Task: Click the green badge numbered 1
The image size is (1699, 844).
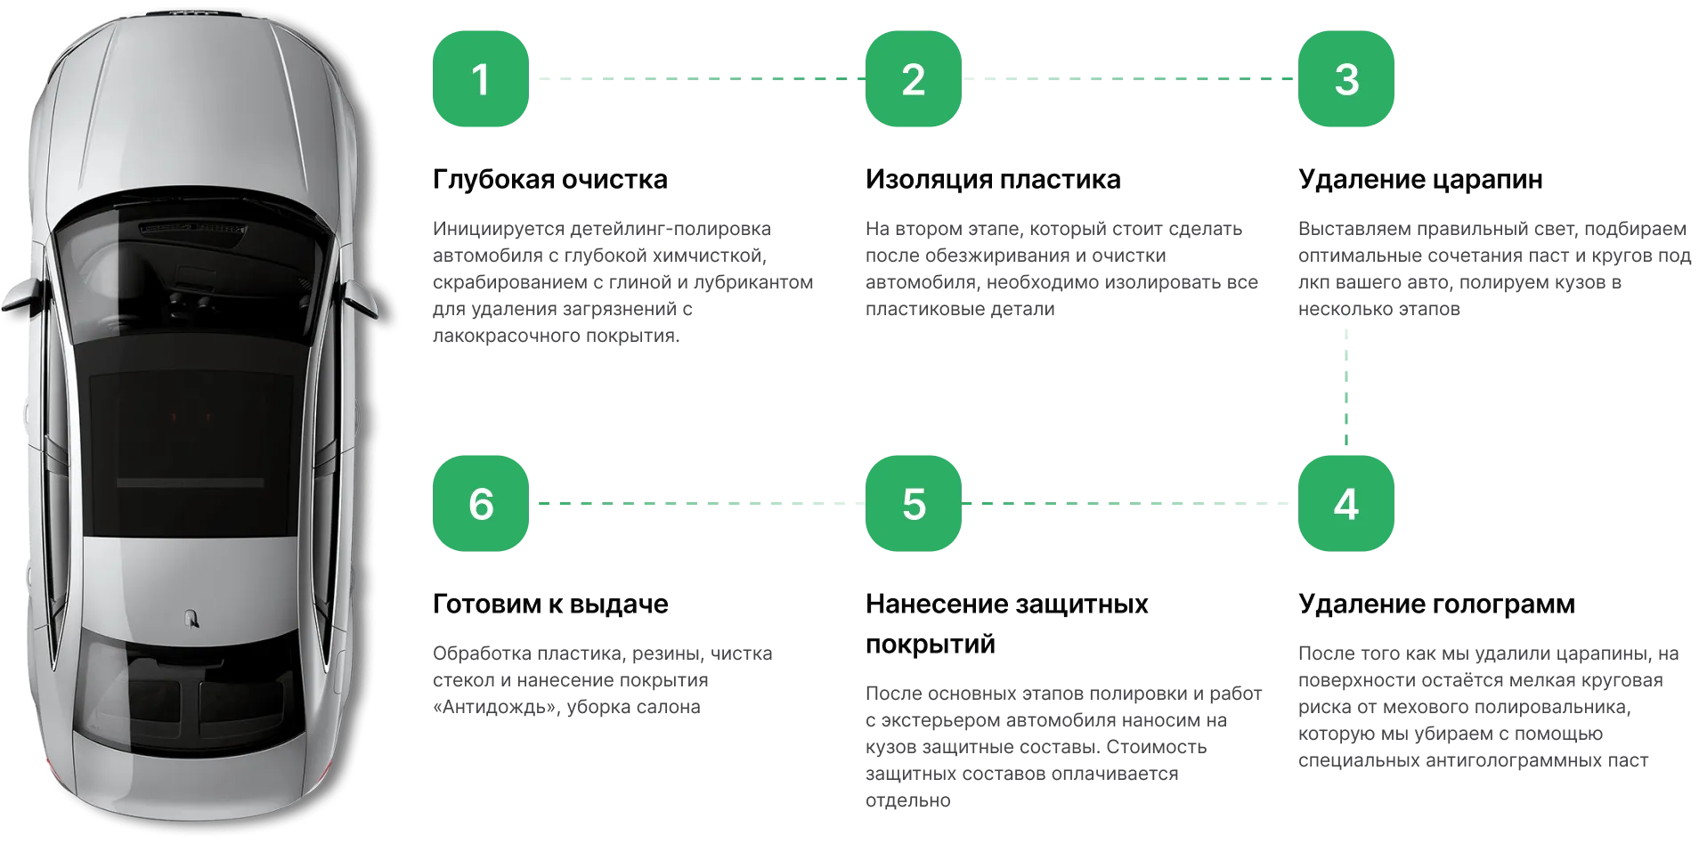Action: pyautogui.click(x=481, y=78)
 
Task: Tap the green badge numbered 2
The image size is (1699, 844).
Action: pyautogui.click(x=914, y=78)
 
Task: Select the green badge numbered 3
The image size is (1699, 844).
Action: pyautogui.click(x=1346, y=78)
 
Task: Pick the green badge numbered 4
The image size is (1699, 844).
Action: pyautogui.click(x=1346, y=503)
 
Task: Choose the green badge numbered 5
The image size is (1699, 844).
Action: pyautogui.click(x=914, y=503)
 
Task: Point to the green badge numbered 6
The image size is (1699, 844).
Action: pyautogui.click(x=481, y=503)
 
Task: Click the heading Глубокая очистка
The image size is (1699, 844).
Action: pyautogui.click(x=550, y=179)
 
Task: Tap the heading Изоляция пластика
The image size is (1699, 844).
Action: pyautogui.click(x=993, y=179)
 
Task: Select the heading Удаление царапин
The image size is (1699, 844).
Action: pyautogui.click(x=1420, y=179)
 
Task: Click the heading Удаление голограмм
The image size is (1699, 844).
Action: pyautogui.click(x=1436, y=604)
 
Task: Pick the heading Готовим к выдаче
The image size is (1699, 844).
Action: pyautogui.click(x=550, y=604)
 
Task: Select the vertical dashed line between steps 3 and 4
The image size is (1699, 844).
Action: pyautogui.click(x=1346, y=387)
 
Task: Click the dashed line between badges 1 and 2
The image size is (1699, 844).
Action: pyautogui.click(x=697, y=78)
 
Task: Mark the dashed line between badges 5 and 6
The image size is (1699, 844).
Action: pyautogui.click(x=697, y=503)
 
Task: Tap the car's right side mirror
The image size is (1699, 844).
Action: pyautogui.click(x=360, y=298)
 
